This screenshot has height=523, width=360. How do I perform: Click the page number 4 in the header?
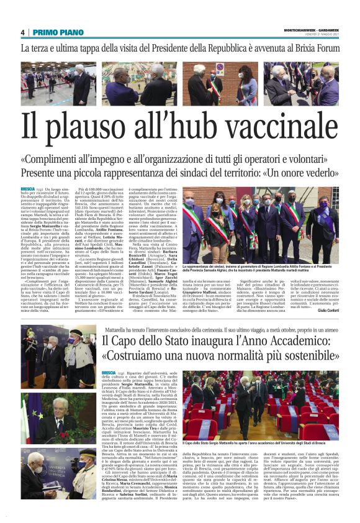click(23, 32)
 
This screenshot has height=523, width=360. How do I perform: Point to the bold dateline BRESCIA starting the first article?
click(28, 188)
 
